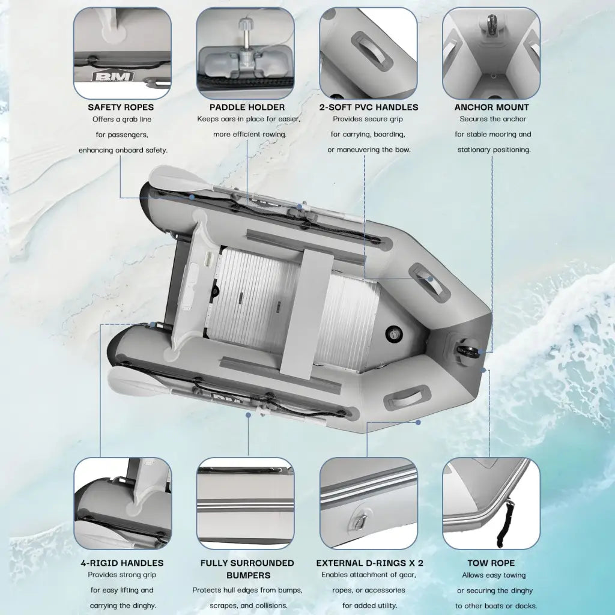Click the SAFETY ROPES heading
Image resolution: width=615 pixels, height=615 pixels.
coord(121,107)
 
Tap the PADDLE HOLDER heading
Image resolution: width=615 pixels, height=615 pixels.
coord(247,107)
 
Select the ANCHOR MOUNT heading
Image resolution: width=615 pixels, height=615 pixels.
coord(491,107)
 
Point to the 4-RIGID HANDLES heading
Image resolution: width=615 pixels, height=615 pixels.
coord(122,563)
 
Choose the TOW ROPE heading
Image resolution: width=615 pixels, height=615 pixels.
coord(491,563)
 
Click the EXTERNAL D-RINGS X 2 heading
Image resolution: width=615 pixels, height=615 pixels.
coord(369,563)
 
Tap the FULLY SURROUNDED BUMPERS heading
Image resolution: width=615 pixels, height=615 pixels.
coord(247,568)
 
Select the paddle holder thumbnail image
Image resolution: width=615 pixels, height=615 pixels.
coord(245,53)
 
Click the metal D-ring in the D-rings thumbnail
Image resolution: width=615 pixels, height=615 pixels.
coord(359,523)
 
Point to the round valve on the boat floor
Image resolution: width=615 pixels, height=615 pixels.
coord(393,332)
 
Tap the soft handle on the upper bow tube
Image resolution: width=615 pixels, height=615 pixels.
coord(429,281)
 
